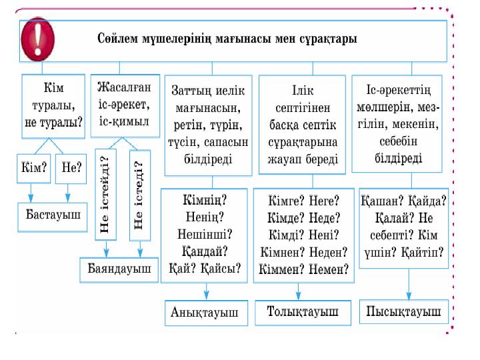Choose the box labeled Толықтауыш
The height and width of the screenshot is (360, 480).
[302, 311]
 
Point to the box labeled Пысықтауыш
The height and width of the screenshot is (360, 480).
[404, 311]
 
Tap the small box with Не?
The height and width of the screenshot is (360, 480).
[71, 169]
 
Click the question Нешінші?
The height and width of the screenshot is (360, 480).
[205, 234]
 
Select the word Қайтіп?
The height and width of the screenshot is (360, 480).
[425, 251]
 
